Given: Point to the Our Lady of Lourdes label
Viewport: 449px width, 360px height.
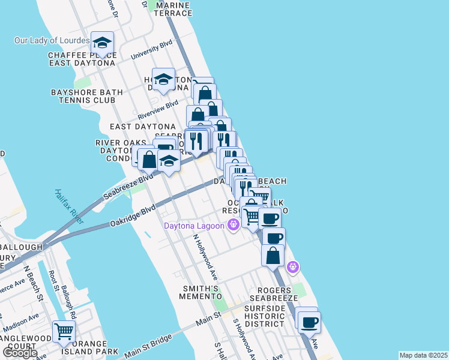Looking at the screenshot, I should pos(52,41).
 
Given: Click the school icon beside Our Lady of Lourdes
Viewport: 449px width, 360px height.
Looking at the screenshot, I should pos(102,42).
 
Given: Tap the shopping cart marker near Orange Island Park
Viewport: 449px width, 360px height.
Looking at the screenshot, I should pos(64,331).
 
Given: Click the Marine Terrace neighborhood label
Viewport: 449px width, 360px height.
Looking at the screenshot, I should pos(173,9).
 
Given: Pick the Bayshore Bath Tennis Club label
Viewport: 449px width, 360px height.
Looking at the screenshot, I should pos(87,96).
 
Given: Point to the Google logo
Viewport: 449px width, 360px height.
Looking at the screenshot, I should pos(20,352).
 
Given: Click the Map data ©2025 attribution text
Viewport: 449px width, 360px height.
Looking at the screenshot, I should pos(424,355).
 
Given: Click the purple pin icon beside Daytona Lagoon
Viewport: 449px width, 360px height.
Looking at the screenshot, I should pos(233,226).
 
